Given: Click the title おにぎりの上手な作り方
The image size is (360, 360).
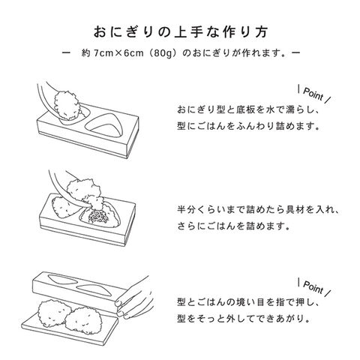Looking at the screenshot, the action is tap(181, 32).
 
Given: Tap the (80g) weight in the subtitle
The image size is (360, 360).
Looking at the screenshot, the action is tap(163, 53).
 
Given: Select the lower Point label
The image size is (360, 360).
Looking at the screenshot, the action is tap(313, 286).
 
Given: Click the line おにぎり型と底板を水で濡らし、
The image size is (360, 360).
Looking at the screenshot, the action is tap(248, 109).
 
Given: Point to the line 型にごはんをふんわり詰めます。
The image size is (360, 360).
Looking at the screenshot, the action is tap(248, 126).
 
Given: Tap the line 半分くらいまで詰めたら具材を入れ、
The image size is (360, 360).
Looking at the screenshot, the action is tap(258, 209).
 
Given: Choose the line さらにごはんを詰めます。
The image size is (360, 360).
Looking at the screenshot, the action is tap(233, 226).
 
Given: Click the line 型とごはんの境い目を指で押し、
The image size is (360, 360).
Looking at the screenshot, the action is tap(248, 302).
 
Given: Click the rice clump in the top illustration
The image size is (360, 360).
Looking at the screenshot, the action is tap(67, 105).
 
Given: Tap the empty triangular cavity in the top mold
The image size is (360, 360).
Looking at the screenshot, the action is tap(105, 124).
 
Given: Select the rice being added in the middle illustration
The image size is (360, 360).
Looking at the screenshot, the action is tap(85, 193).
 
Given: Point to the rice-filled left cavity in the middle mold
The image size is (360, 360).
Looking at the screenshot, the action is tap(65, 207).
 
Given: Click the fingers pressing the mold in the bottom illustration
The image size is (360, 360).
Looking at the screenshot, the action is tap(133, 298).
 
